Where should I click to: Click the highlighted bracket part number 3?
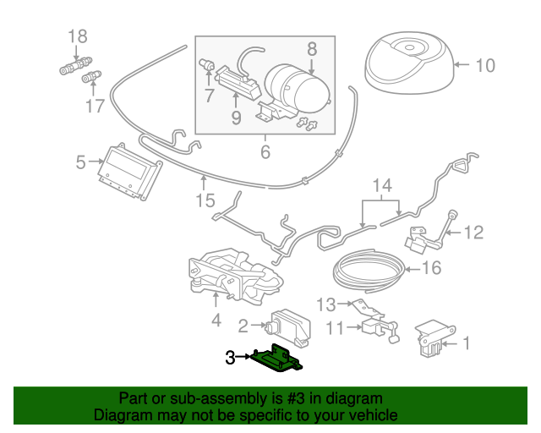pyautogui.click(x=276, y=359)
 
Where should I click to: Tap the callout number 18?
pyautogui.click(x=78, y=36)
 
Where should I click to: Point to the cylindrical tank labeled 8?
pyautogui.click(x=298, y=89)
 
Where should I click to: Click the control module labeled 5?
pyautogui.click(x=129, y=172)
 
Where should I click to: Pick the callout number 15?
pyautogui.click(x=205, y=200)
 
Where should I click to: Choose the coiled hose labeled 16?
pyautogui.click(x=369, y=271)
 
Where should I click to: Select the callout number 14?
pyautogui.click(x=382, y=185)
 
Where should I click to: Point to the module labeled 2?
pyautogui.click(x=288, y=327)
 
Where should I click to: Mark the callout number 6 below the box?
pyautogui.click(x=265, y=152)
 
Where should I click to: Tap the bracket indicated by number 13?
pyautogui.click(x=369, y=308)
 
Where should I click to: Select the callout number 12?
pyautogui.click(x=474, y=233)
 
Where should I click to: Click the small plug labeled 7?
pyautogui.click(x=207, y=63)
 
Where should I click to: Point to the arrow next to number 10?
pyautogui.click(x=462, y=64)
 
